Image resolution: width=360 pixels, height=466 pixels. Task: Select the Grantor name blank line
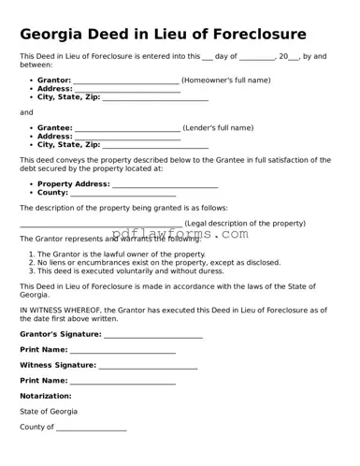pos(126,81)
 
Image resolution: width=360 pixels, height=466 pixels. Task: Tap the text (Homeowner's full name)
pos(225,80)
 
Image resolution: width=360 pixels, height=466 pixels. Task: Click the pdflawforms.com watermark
pos(180,235)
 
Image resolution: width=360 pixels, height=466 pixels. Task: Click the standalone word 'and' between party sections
pos(26,112)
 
